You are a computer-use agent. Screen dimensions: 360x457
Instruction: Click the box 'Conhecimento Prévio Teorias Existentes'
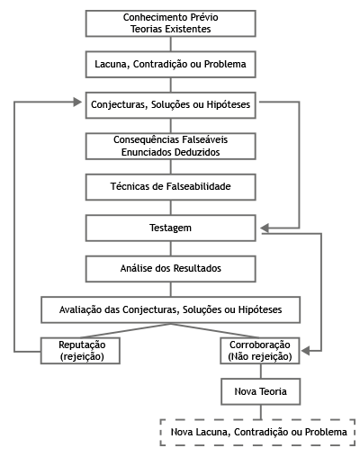coord(171,23)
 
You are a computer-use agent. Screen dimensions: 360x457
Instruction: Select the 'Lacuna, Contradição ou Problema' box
coord(171,64)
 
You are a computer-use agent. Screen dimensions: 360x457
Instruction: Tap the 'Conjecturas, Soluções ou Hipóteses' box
coord(171,105)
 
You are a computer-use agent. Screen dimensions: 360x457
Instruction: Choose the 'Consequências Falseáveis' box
coord(171,146)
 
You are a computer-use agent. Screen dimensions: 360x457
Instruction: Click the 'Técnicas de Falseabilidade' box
coord(171,187)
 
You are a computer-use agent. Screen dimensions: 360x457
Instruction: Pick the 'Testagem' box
coord(171,228)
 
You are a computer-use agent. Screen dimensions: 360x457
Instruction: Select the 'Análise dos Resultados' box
coord(171,269)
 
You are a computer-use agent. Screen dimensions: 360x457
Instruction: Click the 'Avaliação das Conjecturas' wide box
coord(171,309)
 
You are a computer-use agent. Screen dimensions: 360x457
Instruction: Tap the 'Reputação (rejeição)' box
coord(80,351)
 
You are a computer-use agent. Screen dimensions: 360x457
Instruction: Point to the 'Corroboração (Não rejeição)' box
coord(260,351)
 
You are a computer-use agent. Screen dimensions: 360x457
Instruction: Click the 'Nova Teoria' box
coord(261,391)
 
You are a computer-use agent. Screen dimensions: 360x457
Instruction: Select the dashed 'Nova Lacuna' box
coord(258,432)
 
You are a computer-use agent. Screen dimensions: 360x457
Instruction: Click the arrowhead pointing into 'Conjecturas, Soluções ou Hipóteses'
coord(77,102)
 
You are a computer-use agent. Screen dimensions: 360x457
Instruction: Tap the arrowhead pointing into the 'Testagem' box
coord(265,228)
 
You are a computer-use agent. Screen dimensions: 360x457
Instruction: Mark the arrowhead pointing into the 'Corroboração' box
coord(306,351)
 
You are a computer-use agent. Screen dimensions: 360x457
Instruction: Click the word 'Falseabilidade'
coord(199,186)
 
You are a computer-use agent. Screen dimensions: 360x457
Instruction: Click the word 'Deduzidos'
coord(197,152)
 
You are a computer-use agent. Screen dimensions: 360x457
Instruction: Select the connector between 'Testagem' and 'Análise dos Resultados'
coord(171,248)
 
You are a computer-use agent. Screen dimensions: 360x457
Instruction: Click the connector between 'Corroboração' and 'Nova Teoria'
coord(260,372)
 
